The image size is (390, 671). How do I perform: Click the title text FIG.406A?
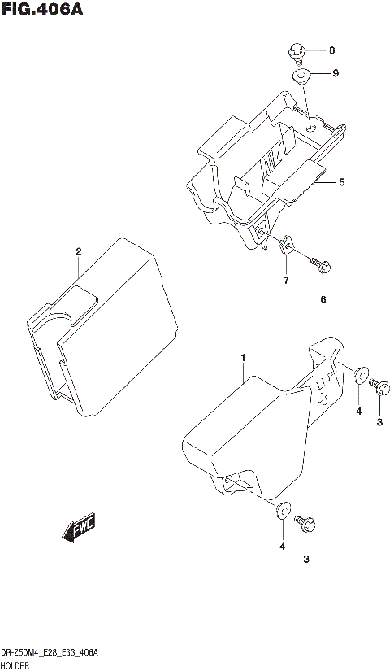(42, 11)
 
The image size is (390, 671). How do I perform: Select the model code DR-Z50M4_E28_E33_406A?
(50, 652)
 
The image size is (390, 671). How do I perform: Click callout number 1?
(243, 357)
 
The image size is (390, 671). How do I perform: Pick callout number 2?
(79, 251)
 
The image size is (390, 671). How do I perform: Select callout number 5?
(342, 182)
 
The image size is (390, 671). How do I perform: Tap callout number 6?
(323, 300)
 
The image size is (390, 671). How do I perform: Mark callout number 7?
(285, 281)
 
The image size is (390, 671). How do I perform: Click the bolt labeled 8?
(297, 54)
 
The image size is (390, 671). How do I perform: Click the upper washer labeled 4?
(359, 375)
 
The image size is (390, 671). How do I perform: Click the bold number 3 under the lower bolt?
(305, 559)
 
